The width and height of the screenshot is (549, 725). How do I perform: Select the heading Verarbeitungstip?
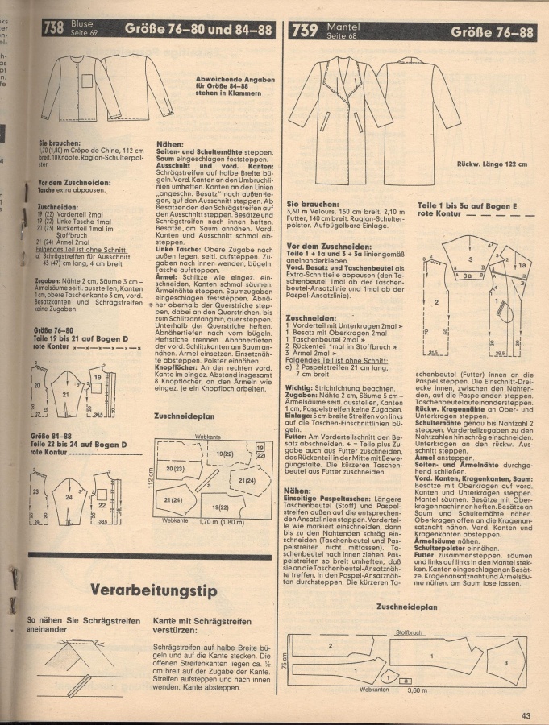point(154,569)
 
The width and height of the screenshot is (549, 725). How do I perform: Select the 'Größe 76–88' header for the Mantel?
point(492,33)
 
